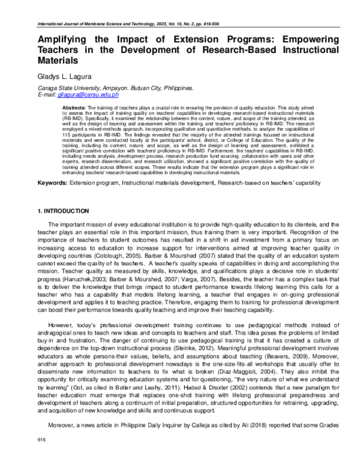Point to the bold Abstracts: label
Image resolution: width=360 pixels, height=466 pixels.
coord(74,106)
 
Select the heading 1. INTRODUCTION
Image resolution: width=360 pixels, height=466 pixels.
coord(64,211)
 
